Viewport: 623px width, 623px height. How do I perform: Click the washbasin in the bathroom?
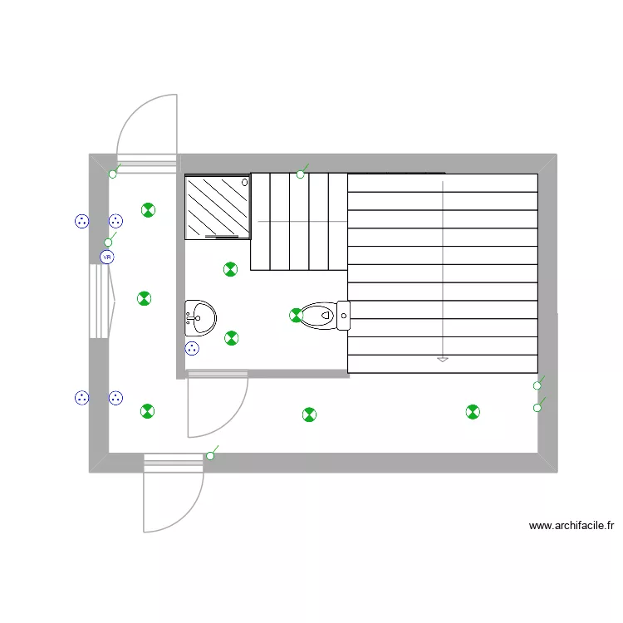[x=201, y=318]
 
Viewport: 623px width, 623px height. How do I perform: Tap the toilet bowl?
[x=318, y=316]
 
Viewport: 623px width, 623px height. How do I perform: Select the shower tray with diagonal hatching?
[x=218, y=208]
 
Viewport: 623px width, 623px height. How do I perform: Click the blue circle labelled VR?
[x=107, y=257]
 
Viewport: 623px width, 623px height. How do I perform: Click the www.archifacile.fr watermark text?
[x=571, y=525]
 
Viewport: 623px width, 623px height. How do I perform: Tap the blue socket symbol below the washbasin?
[x=192, y=348]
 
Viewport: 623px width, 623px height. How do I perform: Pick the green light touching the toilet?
[x=296, y=316]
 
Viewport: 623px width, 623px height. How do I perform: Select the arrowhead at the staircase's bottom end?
[x=443, y=360]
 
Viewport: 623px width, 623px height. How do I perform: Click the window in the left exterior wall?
[x=102, y=302]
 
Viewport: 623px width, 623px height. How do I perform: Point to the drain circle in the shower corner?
[x=245, y=183]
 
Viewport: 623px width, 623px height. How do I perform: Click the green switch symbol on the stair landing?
[x=302, y=172]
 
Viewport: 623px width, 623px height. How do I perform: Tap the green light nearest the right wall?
[x=473, y=412]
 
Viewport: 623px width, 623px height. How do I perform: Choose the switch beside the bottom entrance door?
[x=212, y=454]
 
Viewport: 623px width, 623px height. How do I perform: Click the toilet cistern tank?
[x=344, y=316]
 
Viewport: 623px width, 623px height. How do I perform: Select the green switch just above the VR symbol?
[x=110, y=240]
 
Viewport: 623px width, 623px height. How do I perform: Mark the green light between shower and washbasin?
[x=230, y=269]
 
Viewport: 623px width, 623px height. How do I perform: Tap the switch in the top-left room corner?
[x=115, y=171]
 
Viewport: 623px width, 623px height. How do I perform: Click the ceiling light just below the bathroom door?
[x=309, y=415]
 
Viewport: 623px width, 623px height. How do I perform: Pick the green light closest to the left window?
[x=145, y=298]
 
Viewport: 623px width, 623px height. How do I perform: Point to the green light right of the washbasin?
[x=231, y=338]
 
